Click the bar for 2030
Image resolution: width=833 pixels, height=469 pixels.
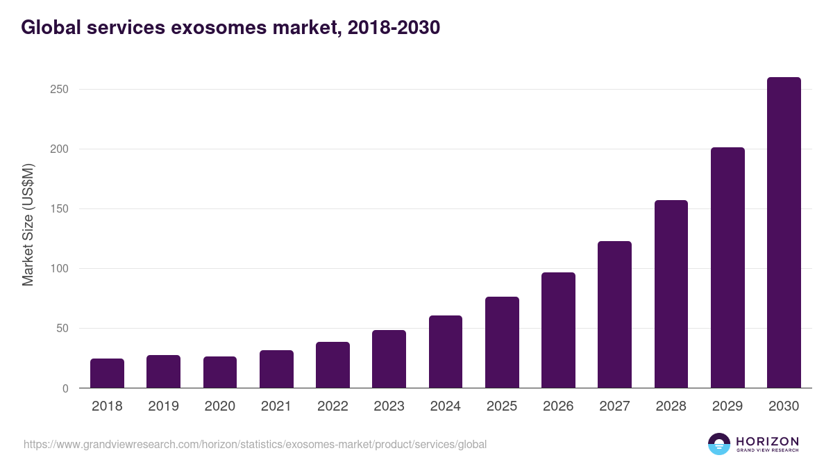click(784, 233)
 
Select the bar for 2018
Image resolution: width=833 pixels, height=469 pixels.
click(107, 374)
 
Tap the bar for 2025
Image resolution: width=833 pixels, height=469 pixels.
click(502, 343)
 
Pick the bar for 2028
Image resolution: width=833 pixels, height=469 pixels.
click(671, 294)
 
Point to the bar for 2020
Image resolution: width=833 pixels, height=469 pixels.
click(220, 372)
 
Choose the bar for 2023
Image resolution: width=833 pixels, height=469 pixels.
click(389, 359)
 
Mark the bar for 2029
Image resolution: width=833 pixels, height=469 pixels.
click(727, 268)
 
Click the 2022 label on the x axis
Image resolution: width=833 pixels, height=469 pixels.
click(333, 406)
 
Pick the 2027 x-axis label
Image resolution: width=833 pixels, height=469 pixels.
click(614, 406)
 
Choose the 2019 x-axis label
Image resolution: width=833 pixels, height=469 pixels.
click(163, 406)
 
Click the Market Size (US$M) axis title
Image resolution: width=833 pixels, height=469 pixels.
click(28, 224)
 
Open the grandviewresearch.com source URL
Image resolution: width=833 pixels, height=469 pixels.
click(255, 444)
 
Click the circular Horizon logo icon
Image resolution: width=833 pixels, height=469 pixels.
click(719, 444)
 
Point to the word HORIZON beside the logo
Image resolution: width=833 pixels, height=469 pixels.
click(767, 441)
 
